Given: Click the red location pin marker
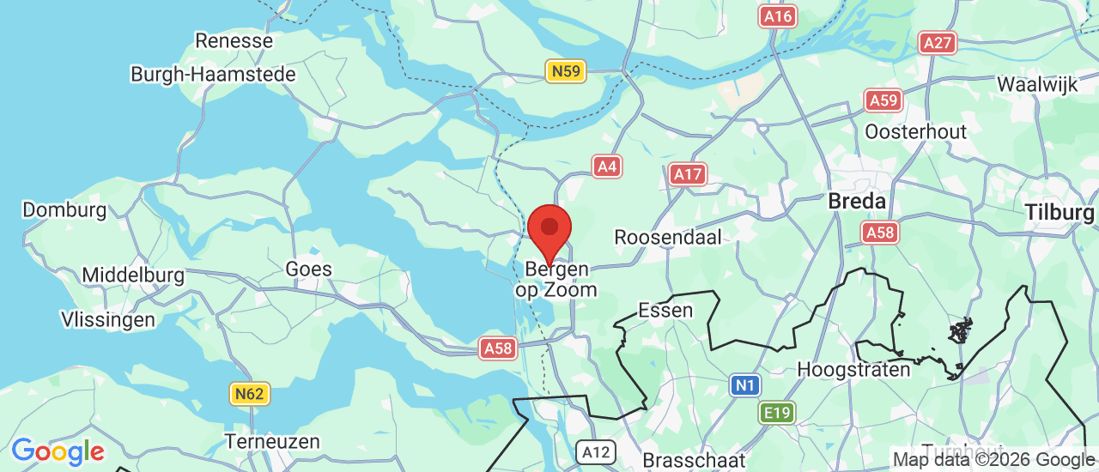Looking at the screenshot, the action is click(x=549, y=230).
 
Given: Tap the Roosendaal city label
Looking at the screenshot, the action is click(x=668, y=237).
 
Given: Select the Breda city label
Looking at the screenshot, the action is click(x=857, y=202).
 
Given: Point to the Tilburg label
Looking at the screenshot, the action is click(x=1060, y=212).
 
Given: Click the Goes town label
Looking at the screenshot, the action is click(x=308, y=269).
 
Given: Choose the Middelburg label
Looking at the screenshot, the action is click(x=133, y=275).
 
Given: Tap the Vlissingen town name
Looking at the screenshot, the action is click(x=108, y=320).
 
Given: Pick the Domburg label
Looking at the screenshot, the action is click(x=64, y=210).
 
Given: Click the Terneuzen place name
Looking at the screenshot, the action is click(x=272, y=442).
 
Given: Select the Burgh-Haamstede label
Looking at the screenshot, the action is click(x=213, y=75).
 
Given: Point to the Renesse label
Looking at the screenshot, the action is click(x=234, y=40).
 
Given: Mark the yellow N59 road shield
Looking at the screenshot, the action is click(x=567, y=71).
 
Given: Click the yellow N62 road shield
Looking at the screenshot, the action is click(x=250, y=394).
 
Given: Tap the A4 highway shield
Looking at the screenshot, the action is click(x=607, y=166).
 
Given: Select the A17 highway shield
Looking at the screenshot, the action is click(x=688, y=175).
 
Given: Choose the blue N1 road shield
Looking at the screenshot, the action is click(x=744, y=385).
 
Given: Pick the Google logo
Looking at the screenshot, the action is click(x=58, y=451).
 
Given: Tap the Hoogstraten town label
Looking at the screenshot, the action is click(x=853, y=370).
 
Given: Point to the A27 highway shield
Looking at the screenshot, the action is click(x=938, y=43).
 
